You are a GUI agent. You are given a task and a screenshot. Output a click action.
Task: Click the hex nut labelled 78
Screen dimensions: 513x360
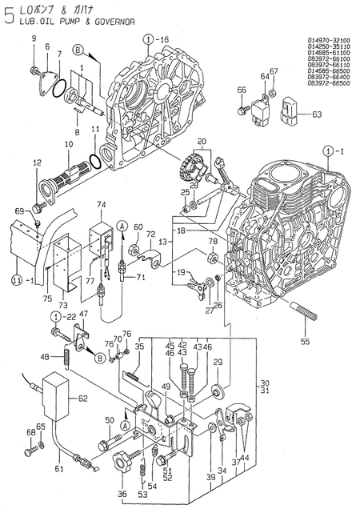(x=213, y=258)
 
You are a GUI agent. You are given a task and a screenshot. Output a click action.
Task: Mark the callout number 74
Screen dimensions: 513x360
(x=102, y=206)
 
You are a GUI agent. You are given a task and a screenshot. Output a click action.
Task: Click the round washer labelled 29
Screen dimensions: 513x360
(x=218, y=392)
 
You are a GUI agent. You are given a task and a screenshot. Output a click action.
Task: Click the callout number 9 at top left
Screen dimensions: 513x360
(x=33, y=39)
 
